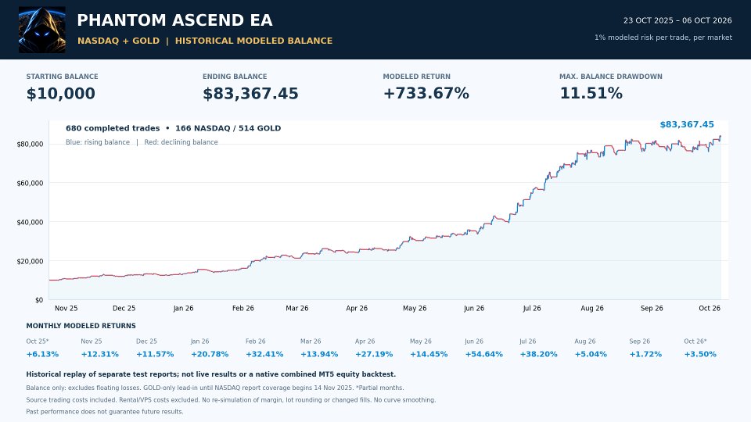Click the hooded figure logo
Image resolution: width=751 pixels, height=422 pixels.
42,30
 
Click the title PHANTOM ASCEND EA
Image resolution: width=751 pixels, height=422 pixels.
174,20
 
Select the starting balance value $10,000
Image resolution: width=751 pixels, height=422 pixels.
61,93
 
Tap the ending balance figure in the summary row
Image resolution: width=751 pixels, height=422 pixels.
250,93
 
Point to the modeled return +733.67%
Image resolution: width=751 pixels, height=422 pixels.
426,93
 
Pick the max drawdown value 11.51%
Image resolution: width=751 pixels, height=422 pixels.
591,93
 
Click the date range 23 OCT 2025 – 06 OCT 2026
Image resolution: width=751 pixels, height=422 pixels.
677,20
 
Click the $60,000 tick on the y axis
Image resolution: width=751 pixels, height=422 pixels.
30,183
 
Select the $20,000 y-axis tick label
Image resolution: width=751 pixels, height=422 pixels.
30,261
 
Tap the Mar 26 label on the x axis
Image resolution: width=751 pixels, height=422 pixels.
297,308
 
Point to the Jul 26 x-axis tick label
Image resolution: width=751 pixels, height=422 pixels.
532,308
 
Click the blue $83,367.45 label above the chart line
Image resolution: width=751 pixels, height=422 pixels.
687,124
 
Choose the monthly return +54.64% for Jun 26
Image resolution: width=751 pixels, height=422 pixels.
483,354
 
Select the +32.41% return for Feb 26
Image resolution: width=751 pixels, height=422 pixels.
264,354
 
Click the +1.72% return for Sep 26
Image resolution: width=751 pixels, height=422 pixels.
645,354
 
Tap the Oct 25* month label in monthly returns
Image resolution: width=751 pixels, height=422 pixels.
38,342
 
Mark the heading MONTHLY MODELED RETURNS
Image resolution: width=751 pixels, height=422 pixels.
81,326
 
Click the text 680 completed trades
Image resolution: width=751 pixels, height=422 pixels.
113,128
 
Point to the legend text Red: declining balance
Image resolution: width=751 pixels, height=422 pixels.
181,142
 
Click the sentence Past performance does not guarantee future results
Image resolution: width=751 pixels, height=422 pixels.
104,412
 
